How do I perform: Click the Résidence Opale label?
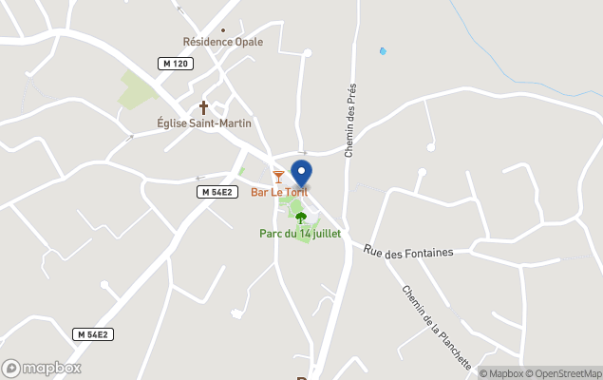pyautogui.click(x=222, y=42)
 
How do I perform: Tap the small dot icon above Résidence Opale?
pyautogui.click(x=223, y=29)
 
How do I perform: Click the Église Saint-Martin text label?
pyautogui.click(x=203, y=123)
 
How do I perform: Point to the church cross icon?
pyautogui.click(x=203, y=107)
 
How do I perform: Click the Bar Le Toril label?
pyautogui.click(x=278, y=192)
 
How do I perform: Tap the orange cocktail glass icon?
pyautogui.click(x=278, y=177)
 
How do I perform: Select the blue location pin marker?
pyautogui.click(x=301, y=174)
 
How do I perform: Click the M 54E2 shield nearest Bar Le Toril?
pyautogui.click(x=217, y=192)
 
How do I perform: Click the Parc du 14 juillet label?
pyautogui.click(x=300, y=234)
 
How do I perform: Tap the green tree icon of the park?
pyautogui.click(x=301, y=218)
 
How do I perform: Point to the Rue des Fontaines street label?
pyautogui.click(x=408, y=252)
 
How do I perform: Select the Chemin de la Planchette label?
pyautogui.click(x=437, y=327)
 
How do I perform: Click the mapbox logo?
pyautogui.click(x=42, y=368)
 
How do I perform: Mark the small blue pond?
pyautogui.click(x=384, y=51)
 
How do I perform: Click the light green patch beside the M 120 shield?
pyautogui.click(x=137, y=89)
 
